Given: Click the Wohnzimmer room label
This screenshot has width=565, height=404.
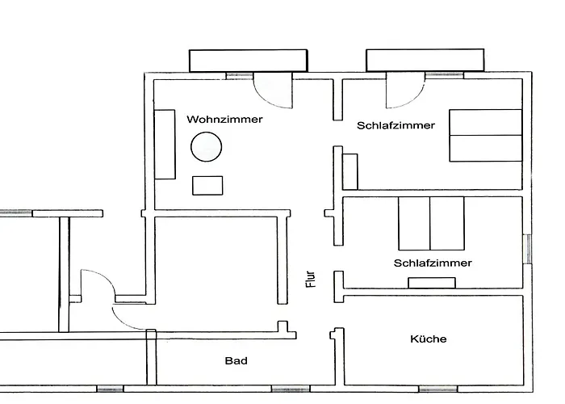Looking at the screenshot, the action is point(224,120).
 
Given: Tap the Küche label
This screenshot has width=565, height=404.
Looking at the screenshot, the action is point(429,339).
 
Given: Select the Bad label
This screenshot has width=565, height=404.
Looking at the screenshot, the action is point(236,360).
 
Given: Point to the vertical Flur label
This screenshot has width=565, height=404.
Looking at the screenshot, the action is point(310,280).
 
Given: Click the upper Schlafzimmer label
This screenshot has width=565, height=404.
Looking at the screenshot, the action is point(395,125).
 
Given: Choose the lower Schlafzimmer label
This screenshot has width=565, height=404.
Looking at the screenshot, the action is point(433,263).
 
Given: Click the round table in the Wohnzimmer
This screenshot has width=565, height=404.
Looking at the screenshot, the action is point(206,147).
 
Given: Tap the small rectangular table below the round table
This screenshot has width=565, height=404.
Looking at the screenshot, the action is point(207,185).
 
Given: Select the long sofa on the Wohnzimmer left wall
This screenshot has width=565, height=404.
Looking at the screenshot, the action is point(165,145).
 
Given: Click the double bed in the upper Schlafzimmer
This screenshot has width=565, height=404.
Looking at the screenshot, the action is point(486,135).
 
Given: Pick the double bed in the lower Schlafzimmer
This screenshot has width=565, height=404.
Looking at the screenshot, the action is point(431,223).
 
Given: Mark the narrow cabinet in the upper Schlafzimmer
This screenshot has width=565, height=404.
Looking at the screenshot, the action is point(349,171).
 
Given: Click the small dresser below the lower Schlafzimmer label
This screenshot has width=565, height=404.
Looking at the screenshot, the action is point(432,283).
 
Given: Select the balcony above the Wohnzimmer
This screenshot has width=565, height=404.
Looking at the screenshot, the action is point(249,61).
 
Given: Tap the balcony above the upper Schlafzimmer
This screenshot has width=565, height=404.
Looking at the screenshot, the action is point(425,60).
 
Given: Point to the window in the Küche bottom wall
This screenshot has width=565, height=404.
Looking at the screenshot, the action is point(438,389).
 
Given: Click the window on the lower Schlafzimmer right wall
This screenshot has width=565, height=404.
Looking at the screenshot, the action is point(527,249).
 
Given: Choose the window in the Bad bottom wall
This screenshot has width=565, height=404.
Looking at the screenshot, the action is point(291,389).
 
